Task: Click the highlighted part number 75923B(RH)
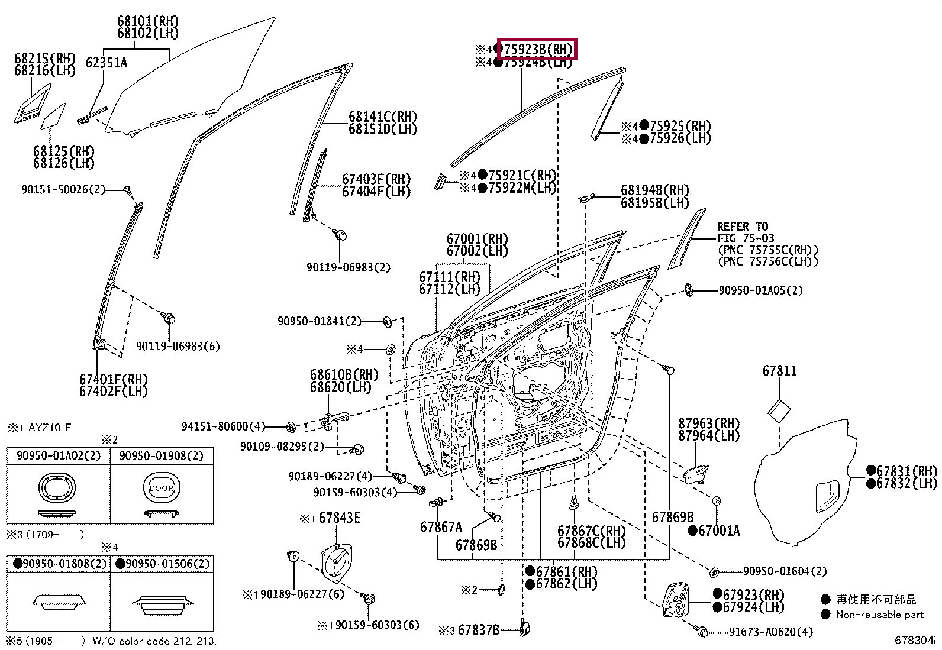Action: [x=538, y=50]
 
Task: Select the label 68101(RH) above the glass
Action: [x=147, y=21]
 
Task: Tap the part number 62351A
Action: [x=107, y=63]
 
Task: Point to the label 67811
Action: [x=780, y=371]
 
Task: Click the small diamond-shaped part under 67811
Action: [x=779, y=411]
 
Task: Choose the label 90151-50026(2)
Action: [x=63, y=190]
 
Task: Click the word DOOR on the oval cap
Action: [x=162, y=488]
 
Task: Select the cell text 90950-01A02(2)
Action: [x=59, y=456]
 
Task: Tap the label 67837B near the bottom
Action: [x=479, y=630]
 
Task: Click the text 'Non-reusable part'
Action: [x=880, y=615]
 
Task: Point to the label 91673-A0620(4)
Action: [x=771, y=632]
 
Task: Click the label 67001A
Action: [x=719, y=531]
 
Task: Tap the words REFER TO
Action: [x=743, y=227]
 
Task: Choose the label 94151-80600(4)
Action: [x=223, y=426]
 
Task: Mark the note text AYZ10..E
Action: [x=50, y=428]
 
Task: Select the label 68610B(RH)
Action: [x=344, y=374]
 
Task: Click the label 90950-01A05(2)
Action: [x=760, y=290]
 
